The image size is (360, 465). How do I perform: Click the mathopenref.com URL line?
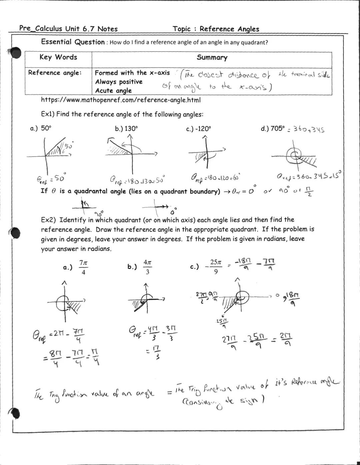[121, 100]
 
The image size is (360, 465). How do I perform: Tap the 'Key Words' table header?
[58, 57]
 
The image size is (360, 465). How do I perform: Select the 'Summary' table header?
[212, 58]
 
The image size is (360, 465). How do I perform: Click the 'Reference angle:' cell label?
[55, 73]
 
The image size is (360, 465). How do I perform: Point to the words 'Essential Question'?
[73, 42]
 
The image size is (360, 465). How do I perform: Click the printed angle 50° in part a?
[46, 128]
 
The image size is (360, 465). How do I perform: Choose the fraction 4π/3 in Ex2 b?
[148, 267]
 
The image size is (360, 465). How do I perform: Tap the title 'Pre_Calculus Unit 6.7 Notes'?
[68, 29]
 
